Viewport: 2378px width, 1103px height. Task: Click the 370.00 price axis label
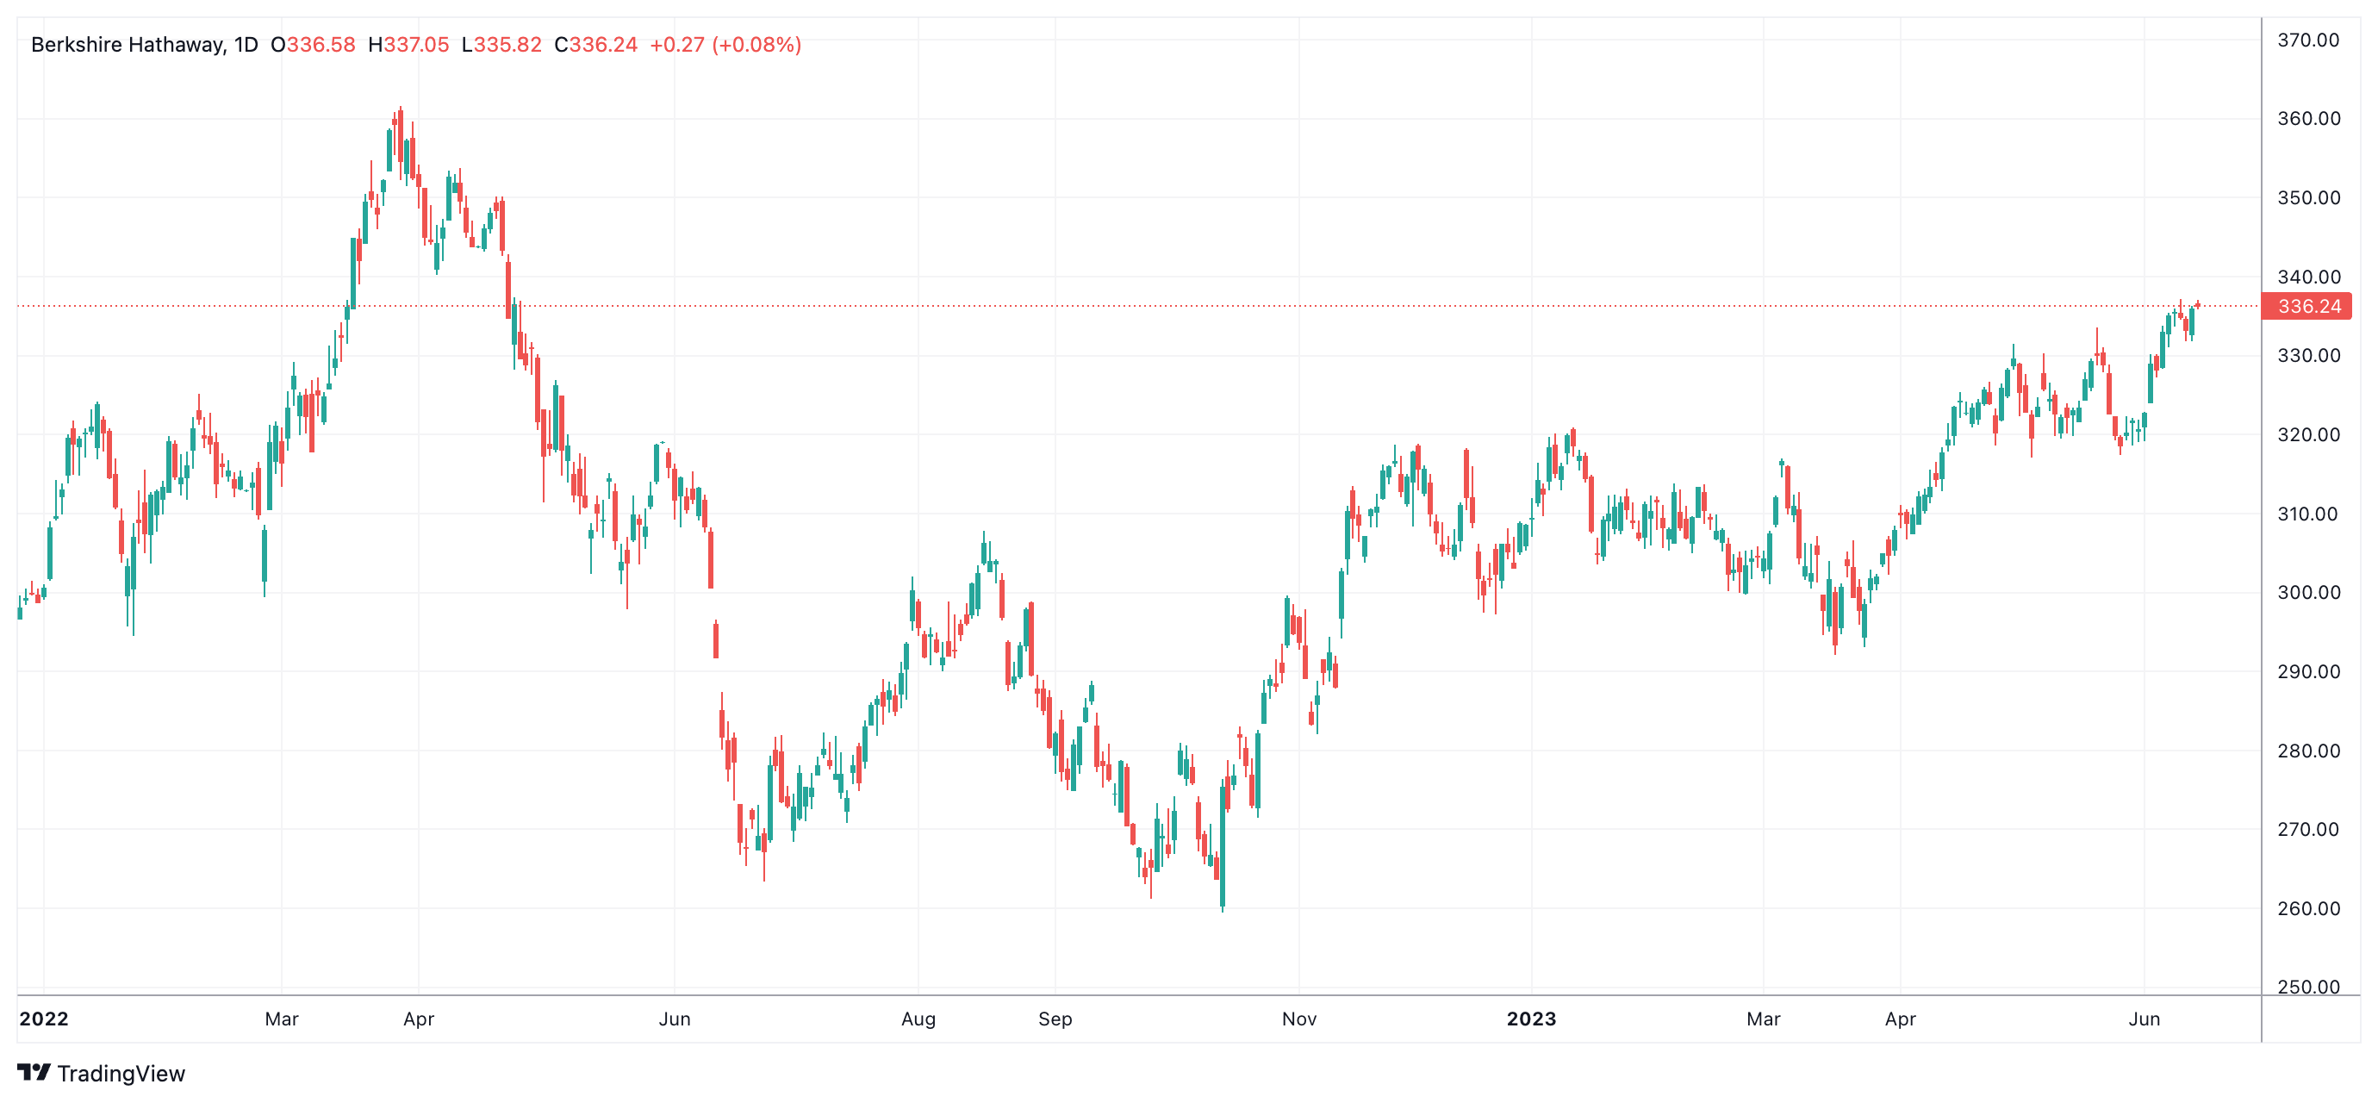coord(2308,40)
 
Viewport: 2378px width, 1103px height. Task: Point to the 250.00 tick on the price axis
coord(2308,986)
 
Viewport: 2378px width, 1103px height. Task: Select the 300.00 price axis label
coord(2308,592)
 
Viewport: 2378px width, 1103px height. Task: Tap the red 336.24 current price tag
coord(2309,307)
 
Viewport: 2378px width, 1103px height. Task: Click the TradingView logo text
coord(120,1074)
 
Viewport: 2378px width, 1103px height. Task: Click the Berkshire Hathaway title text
coord(128,44)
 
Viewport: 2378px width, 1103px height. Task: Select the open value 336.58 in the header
coord(321,44)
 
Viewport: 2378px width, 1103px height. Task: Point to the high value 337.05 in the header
coord(415,44)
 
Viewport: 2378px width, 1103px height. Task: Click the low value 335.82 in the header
coord(507,44)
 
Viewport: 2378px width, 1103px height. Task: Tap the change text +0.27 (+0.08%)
coord(725,44)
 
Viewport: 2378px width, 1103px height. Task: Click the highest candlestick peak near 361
coord(401,109)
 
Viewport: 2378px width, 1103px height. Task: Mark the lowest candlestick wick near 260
coord(1223,909)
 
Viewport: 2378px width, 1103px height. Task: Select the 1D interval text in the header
coord(246,44)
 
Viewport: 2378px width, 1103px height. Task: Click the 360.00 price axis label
coord(2308,118)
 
